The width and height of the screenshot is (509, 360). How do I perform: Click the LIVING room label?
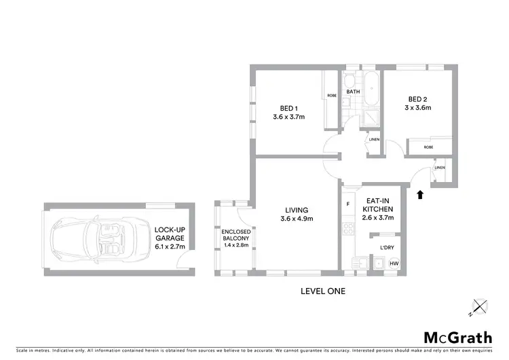click(x=297, y=214)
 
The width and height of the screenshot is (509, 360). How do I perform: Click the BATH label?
click(x=353, y=92)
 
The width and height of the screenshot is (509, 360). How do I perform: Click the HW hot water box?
click(x=393, y=264)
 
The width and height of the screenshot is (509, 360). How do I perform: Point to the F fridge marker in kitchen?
click(x=347, y=204)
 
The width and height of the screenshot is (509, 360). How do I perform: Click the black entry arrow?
click(x=419, y=195)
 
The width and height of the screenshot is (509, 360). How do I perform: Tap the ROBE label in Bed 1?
click(x=332, y=96)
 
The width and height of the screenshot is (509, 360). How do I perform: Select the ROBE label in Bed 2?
click(x=428, y=147)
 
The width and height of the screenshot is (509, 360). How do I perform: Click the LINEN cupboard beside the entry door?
click(x=439, y=168)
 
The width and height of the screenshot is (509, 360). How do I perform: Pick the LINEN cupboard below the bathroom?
click(x=373, y=140)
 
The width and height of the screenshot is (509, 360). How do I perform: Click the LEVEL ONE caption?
click(x=323, y=291)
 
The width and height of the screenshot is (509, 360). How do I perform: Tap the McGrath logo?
click(x=459, y=338)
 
